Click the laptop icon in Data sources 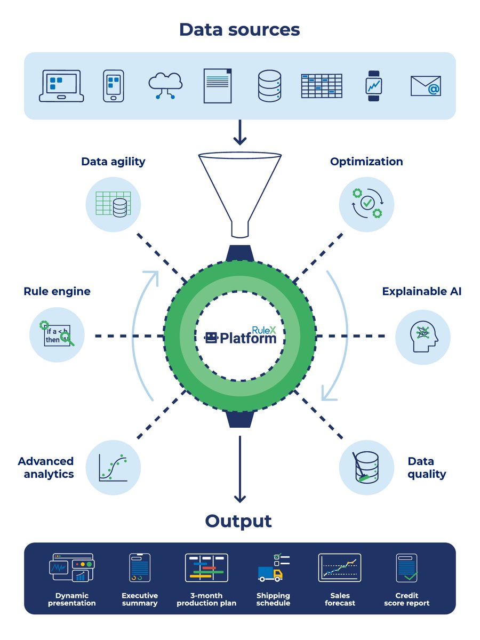[61, 86]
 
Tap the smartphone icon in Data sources [113, 86]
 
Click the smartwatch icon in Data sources [373, 86]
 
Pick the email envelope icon [426, 86]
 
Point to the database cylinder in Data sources [269, 86]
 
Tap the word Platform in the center [248, 338]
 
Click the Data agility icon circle [113, 204]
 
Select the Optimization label [366, 162]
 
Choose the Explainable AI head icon [423, 337]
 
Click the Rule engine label [57, 291]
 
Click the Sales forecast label [340, 599]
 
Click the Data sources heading [239, 29]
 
